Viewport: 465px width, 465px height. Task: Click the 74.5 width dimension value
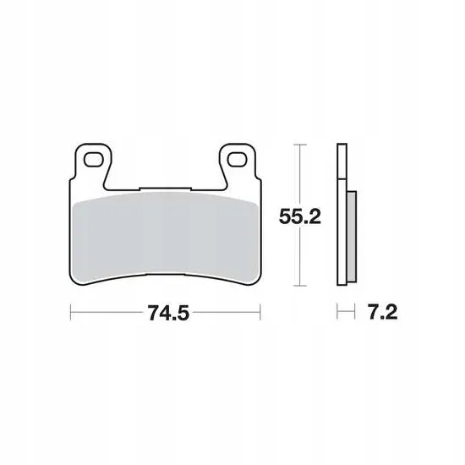coord(168,313)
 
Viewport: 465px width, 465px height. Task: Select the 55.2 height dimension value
coord(300,216)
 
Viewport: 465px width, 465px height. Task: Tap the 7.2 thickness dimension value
coord(383,312)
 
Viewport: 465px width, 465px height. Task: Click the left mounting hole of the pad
coord(94,160)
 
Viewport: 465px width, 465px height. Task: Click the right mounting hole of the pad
coord(238,160)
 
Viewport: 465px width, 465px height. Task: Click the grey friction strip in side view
coord(352,237)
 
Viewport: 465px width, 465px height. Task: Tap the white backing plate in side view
coord(342,215)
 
